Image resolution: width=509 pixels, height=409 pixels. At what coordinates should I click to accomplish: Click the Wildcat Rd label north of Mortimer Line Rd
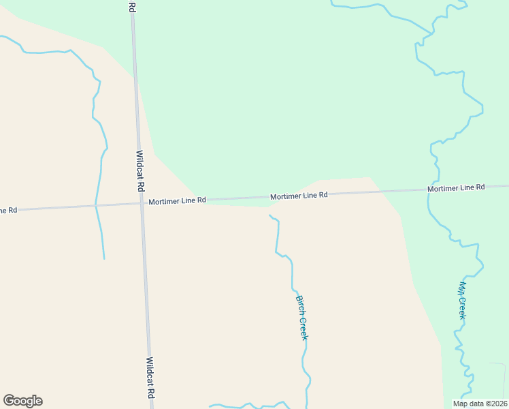141,170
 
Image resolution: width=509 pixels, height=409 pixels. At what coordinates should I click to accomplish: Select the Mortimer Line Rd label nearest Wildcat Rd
178,201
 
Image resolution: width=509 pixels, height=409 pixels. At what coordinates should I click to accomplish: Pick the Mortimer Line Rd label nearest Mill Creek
456,187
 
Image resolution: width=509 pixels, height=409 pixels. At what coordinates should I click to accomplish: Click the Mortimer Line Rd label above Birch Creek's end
299,196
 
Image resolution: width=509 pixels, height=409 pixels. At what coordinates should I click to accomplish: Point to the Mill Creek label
462,301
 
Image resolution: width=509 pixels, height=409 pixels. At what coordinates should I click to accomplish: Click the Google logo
22,401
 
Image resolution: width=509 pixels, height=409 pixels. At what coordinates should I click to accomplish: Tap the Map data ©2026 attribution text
480,404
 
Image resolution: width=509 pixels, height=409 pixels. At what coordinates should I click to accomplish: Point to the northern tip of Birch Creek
269,215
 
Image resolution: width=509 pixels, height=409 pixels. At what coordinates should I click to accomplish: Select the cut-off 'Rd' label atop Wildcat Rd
131,6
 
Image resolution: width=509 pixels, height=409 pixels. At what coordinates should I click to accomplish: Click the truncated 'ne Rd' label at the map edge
8,210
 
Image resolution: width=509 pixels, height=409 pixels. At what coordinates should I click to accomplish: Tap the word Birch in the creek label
299,303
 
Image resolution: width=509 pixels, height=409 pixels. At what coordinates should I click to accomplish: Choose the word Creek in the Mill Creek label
462,309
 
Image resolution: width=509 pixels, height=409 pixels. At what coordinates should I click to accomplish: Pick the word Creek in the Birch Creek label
304,328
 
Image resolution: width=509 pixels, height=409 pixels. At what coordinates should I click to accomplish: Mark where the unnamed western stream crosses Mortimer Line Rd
96,204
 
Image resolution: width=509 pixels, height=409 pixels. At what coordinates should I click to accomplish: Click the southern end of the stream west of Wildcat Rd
104,259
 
